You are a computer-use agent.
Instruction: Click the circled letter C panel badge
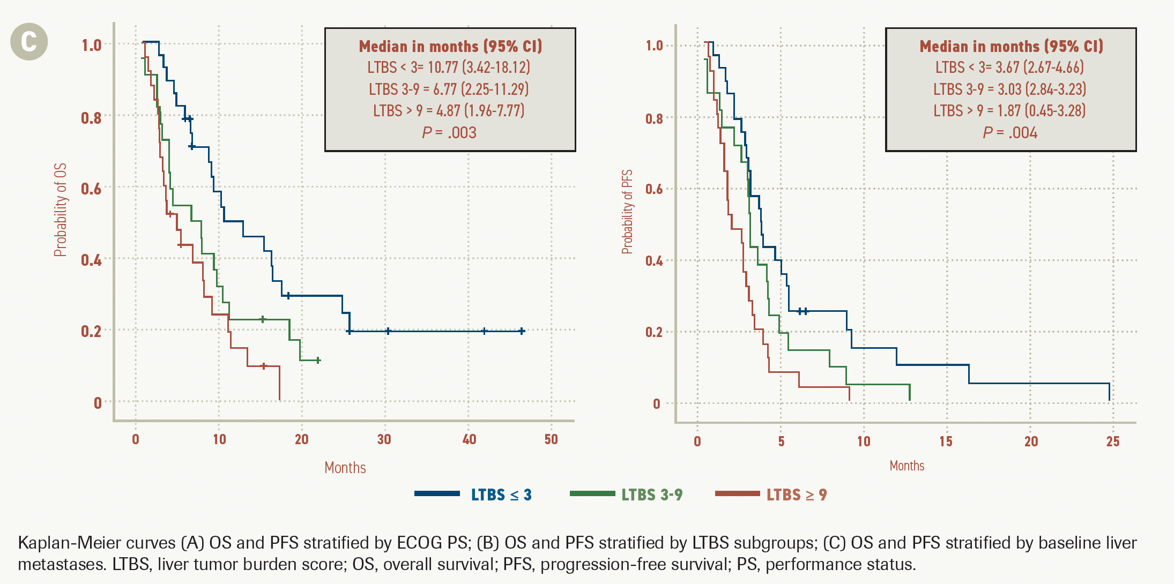pos(29,42)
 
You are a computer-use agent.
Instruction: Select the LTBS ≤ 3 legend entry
pos(501,495)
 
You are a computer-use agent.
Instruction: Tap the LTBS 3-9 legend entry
pos(651,495)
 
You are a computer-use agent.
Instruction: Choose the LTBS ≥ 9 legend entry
pos(796,495)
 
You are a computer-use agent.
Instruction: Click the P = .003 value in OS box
pos(449,132)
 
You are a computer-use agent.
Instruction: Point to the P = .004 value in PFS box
pos(1010,132)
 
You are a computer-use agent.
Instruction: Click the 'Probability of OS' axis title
pos(61,209)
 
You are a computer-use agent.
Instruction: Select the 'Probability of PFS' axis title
pos(627,212)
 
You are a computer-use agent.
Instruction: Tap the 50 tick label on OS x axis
pos(551,439)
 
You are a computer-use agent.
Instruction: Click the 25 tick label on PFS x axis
pos(1113,441)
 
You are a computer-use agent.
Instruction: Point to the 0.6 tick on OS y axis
pos(91,189)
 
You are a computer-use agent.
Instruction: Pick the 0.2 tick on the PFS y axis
pos(654,332)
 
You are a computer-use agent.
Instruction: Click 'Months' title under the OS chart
pos(345,468)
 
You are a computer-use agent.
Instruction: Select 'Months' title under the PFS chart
pos(907,466)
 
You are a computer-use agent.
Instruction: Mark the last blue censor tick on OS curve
pos(522,331)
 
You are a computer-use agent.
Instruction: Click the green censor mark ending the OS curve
pos(318,360)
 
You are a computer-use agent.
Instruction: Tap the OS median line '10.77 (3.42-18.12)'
pos(449,67)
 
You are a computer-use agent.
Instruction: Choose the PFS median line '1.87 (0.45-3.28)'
pos(1009,110)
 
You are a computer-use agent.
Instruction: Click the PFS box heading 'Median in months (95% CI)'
pos(1011,46)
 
